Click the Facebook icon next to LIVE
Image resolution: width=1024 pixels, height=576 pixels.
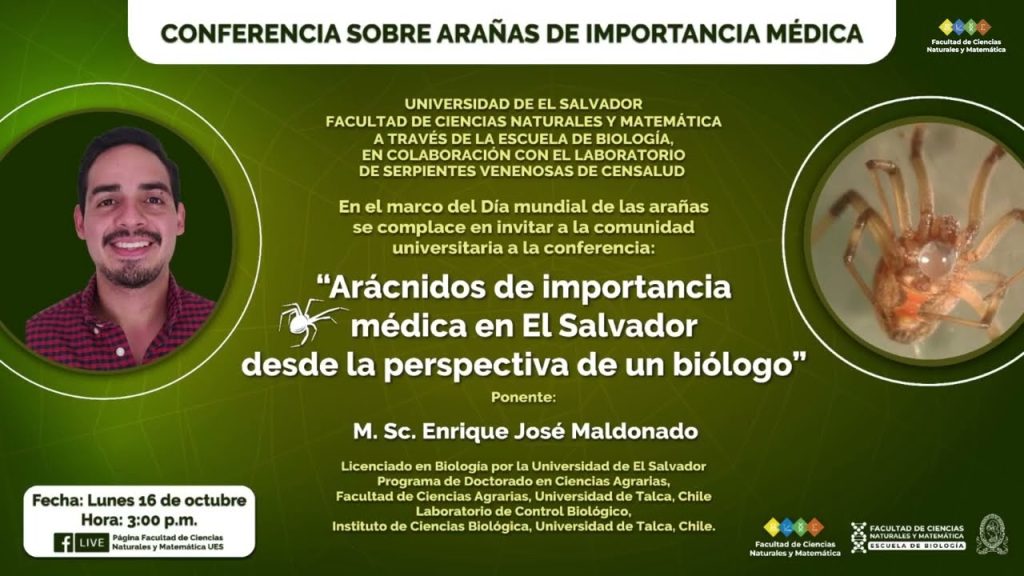point(63,543)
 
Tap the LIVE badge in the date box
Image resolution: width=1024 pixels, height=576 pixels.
point(91,543)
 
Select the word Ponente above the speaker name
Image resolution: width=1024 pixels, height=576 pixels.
point(522,397)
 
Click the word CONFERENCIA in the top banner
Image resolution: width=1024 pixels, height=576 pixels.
point(250,34)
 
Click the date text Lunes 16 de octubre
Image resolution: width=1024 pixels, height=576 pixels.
point(167,500)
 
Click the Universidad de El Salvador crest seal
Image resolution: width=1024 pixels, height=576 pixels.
point(992,534)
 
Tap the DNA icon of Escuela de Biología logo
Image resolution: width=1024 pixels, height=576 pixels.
point(858,537)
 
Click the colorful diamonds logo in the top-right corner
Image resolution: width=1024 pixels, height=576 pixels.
point(965,27)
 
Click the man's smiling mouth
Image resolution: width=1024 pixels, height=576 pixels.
point(131,245)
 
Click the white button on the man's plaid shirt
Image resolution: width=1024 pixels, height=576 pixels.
point(120,351)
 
